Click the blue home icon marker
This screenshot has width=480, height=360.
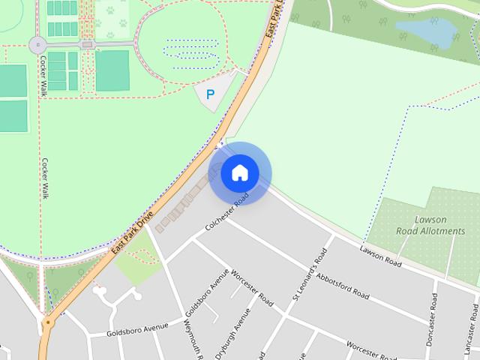tap(239, 173)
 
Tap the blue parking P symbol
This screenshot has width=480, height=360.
tap(210, 94)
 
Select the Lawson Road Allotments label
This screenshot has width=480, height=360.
tap(430, 226)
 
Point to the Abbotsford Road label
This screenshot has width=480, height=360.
tap(342, 285)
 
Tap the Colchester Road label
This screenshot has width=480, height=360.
tap(226, 213)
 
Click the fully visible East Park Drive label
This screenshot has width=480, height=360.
tap(130, 235)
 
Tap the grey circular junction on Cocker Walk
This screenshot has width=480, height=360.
tap(37, 45)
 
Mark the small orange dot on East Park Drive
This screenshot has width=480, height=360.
tap(48, 323)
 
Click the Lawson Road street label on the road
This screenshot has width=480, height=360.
tap(381, 256)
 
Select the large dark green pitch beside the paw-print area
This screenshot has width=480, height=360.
tap(112, 70)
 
